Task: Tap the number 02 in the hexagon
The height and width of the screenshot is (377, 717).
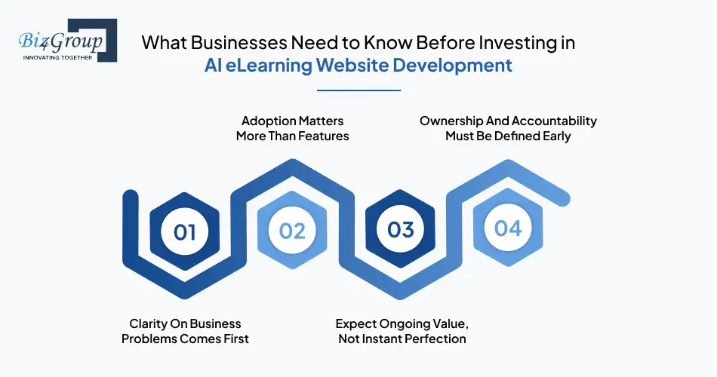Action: point(292,231)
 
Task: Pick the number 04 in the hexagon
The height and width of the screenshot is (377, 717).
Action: point(507,228)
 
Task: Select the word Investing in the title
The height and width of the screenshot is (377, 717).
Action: point(515,42)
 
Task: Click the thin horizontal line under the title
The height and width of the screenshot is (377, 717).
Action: point(358,90)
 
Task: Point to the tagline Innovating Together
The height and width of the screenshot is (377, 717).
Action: point(57,57)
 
